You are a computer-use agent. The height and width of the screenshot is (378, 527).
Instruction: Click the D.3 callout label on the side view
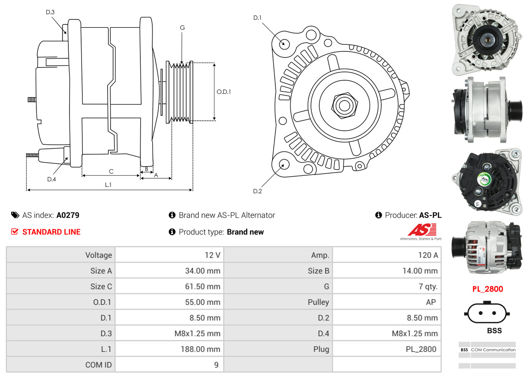click(50, 12)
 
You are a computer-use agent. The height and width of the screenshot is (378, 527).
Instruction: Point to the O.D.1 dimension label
click(224, 92)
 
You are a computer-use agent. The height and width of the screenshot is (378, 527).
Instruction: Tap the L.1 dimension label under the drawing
click(108, 185)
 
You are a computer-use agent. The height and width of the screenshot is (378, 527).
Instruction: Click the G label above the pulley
click(182, 28)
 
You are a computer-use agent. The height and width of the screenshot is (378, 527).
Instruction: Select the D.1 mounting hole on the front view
click(284, 43)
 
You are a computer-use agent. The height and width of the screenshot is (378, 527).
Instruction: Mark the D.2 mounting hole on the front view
click(284, 164)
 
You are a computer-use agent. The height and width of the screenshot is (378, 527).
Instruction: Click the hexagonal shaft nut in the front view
click(343, 105)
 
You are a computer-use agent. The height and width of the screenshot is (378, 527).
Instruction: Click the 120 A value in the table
click(428, 255)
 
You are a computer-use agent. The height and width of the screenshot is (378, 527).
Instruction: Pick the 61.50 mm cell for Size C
click(202, 287)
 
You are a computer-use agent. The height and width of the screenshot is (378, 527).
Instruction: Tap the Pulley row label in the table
click(318, 302)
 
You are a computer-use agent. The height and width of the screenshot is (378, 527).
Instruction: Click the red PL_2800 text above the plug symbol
click(488, 289)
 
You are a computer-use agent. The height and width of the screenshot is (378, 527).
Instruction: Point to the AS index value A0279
click(68, 215)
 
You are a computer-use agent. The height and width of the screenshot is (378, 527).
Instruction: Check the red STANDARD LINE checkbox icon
click(14, 232)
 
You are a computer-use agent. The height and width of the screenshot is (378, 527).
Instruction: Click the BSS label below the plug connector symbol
click(494, 330)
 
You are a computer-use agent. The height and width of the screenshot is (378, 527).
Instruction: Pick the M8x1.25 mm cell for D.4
click(414, 334)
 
